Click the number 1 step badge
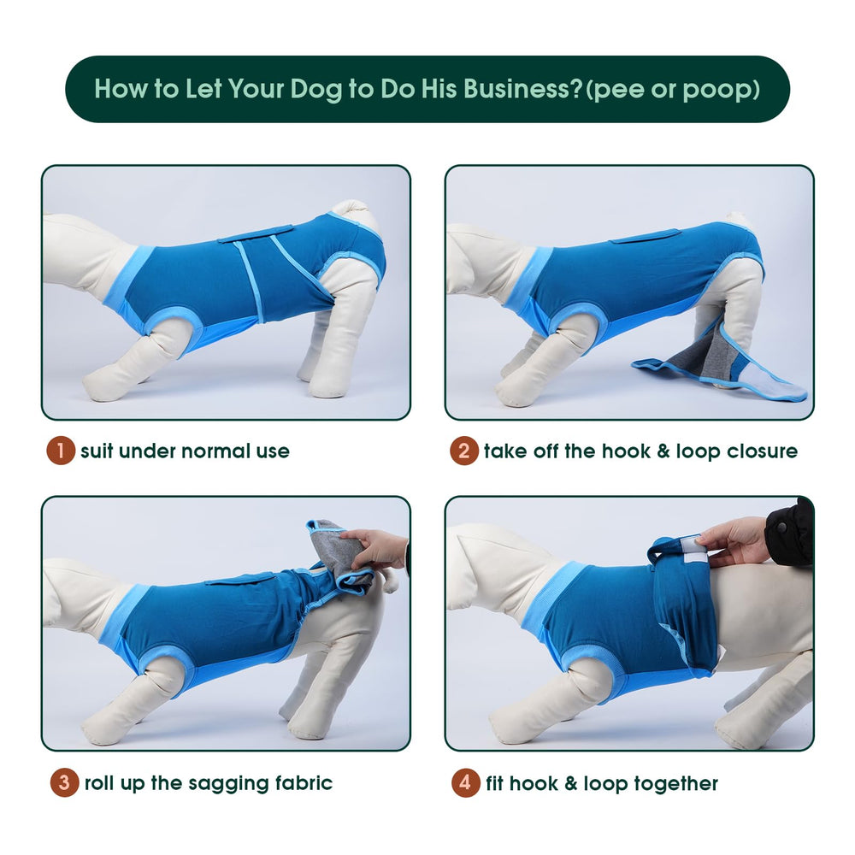(x=61, y=451)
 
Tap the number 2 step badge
(x=464, y=451)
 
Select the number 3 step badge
(x=64, y=783)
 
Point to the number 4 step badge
(x=466, y=783)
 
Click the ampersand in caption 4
(x=571, y=783)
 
